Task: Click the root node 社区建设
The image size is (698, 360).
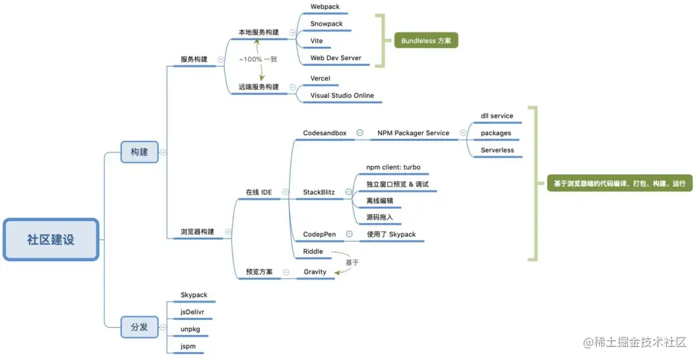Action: coord(51,240)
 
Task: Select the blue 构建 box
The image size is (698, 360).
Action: coord(140,152)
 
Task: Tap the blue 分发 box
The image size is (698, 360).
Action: coord(140,327)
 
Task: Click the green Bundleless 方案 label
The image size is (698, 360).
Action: coord(426,41)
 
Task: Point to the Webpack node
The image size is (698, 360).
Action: coord(324,7)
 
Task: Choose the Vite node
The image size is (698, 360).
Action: coord(317,41)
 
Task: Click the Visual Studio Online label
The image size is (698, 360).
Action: coord(342,96)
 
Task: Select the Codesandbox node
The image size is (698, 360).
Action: coord(324,133)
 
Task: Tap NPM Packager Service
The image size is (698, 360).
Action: coord(413,133)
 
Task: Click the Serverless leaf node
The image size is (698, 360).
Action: coord(497,150)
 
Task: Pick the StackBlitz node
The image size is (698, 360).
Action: coord(319,192)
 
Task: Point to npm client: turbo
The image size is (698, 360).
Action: coord(393,167)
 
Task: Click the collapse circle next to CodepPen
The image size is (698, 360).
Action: coord(349,234)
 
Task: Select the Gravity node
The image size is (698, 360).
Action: coord(315,272)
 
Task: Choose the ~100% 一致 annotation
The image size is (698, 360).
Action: coord(258,59)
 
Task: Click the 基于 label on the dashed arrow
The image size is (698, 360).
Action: coord(352,262)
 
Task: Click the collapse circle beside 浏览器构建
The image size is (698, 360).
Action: coord(228,232)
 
